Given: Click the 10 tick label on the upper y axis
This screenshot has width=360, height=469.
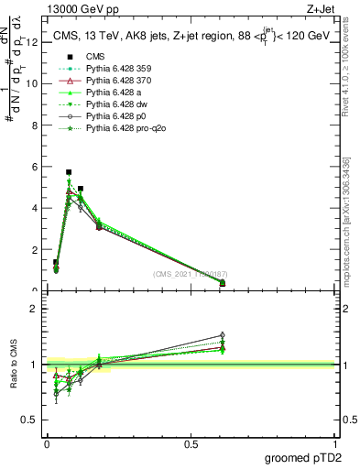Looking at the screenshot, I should coord(33,83).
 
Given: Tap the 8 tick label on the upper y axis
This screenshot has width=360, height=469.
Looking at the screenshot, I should coord(35,125).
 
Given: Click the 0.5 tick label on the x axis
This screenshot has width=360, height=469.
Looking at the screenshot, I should coord(191,445).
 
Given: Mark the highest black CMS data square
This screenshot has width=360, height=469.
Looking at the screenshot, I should coord(69,171).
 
